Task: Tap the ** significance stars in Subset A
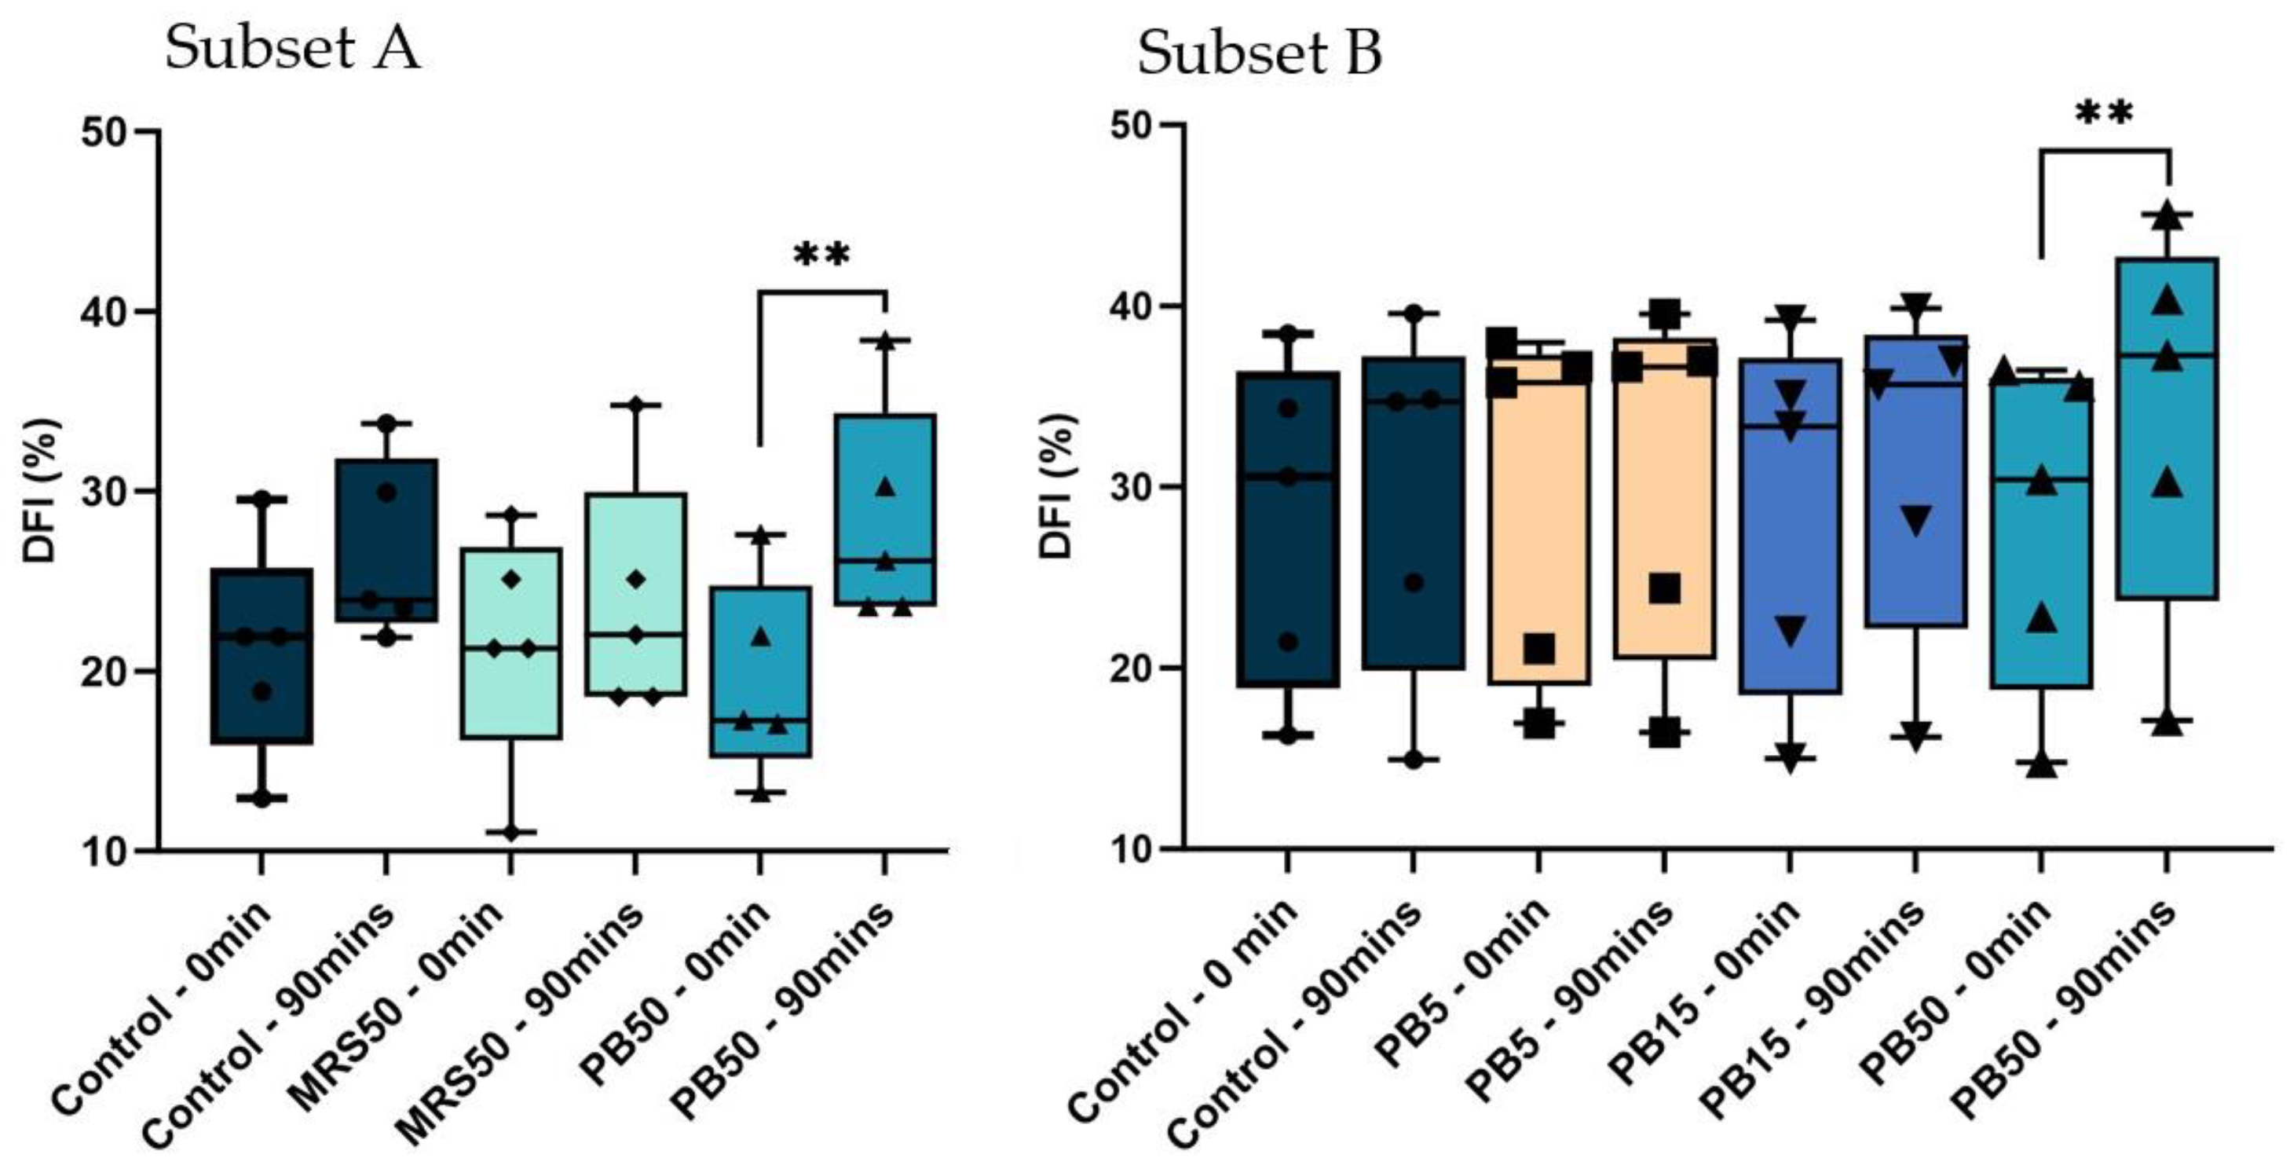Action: click(821, 256)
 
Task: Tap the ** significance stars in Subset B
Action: click(2104, 114)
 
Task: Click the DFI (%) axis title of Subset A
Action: click(40, 489)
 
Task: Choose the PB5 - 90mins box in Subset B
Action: click(1664, 498)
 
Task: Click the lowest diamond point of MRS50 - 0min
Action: click(511, 833)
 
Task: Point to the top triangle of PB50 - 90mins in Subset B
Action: click(2167, 214)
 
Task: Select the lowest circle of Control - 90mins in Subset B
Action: click(1414, 760)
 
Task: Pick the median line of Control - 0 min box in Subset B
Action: click(1288, 476)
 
